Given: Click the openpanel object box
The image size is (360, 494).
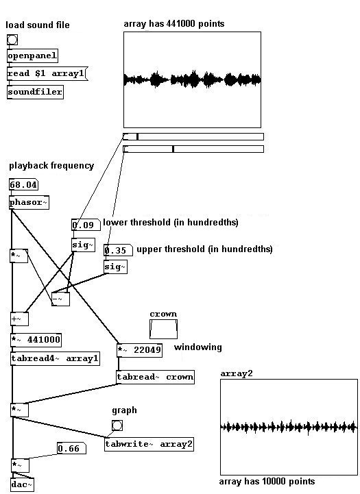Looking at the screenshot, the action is pyautogui.click(x=32, y=56).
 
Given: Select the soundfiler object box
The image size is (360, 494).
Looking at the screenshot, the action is pyautogui.click(x=35, y=92).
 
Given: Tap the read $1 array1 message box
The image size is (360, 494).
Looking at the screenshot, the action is pyautogui.click(x=47, y=74).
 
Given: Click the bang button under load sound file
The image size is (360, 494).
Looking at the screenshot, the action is pyautogui.click(x=12, y=40).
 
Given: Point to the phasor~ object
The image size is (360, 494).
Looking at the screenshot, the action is pyautogui.click(x=29, y=202).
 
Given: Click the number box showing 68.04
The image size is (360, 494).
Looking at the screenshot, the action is pyautogui.click(x=23, y=184).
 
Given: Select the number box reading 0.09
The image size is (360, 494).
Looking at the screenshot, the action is pyautogui.click(x=86, y=225).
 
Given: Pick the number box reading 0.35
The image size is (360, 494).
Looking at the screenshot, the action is pyautogui.click(x=118, y=251).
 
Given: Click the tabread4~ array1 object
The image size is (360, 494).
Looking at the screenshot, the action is pyautogui.click(x=55, y=358).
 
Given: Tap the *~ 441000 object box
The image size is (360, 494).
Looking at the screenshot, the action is pyautogui.click(x=36, y=340).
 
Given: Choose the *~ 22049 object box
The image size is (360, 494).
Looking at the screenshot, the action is pyautogui.click(x=139, y=350).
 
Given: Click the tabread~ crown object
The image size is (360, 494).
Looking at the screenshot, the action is pyautogui.click(x=155, y=377).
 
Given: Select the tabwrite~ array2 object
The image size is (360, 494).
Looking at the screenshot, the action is pyautogui.click(x=149, y=444).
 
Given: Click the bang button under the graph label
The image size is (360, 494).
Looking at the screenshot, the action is pyautogui.click(x=117, y=426).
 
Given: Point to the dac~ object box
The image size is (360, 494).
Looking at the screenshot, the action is pyautogui.click(x=22, y=484).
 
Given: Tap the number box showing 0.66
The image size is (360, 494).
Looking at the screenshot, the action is pyautogui.click(x=71, y=448).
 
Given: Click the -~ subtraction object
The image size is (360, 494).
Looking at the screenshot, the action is pyautogui.click(x=60, y=299).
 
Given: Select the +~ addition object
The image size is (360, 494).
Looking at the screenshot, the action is pyautogui.click(x=20, y=319).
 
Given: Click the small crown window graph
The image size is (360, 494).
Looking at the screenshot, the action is pyautogui.click(x=163, y=330).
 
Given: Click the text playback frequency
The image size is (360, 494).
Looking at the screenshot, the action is pyautogui.click(x=51, y=166).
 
